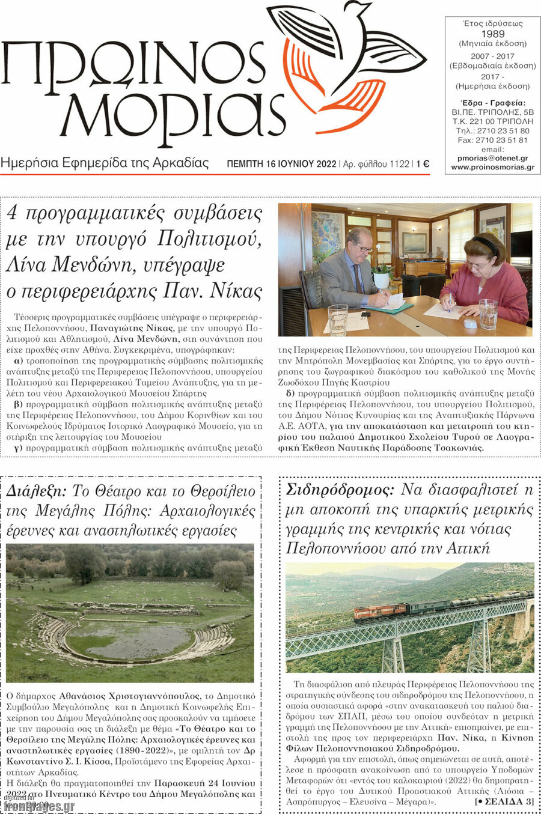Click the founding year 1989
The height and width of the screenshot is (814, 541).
(492, 34)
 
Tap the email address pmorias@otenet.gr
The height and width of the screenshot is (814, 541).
(492, 158)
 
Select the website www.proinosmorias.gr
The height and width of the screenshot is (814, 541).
(492, 167)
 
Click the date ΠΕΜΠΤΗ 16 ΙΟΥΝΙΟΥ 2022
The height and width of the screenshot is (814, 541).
(281, 163)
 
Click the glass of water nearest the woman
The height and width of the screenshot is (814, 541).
(488, 314)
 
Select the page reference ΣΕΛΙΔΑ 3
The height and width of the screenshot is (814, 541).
(506, 802)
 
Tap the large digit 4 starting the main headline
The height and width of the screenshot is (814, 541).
(12, 213)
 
